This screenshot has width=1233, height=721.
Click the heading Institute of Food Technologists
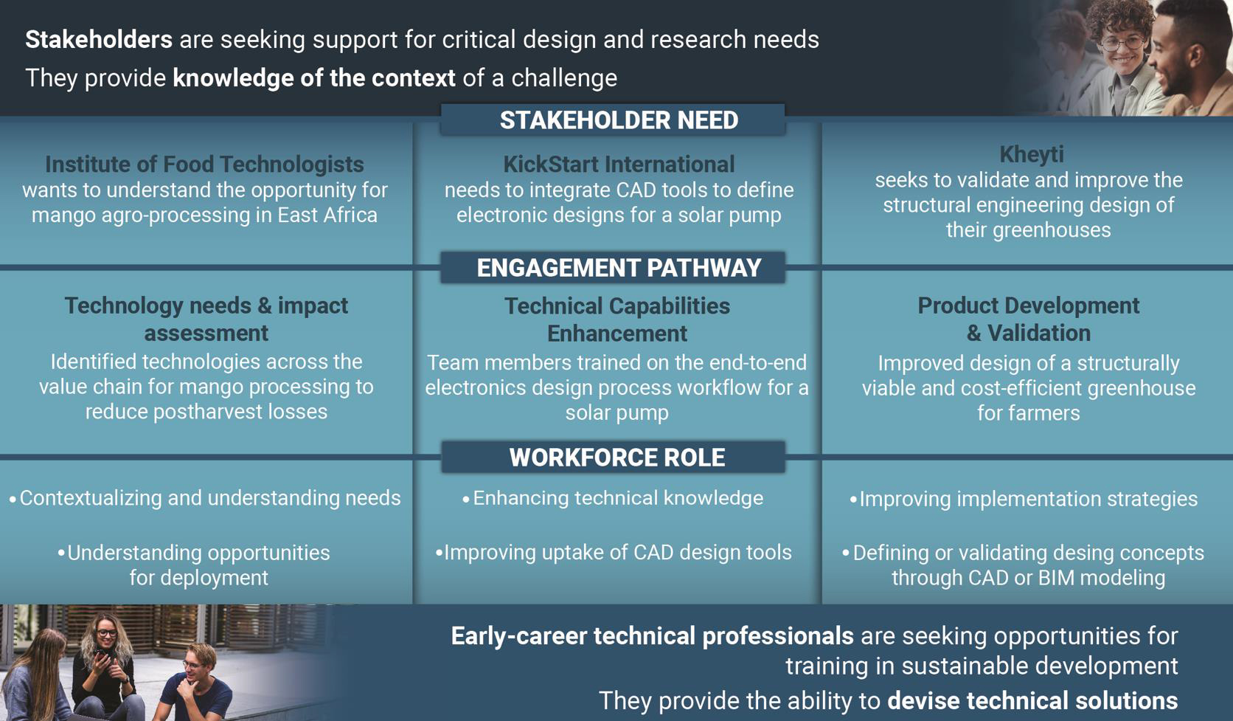pyautogui.click(x=204, y=164)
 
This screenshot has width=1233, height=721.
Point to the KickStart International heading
pyautogui.click(x=619, y=164)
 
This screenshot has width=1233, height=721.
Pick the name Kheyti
pyautogui.click(x=1032, y=154)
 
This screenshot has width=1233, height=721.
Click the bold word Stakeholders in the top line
pyautogui.click(x=99, y=40)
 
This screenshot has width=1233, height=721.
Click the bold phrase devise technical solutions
pyautogui.click(x=1032, y=700)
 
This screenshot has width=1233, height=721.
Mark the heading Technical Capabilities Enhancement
pyautogui.click(x=617, y=320)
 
